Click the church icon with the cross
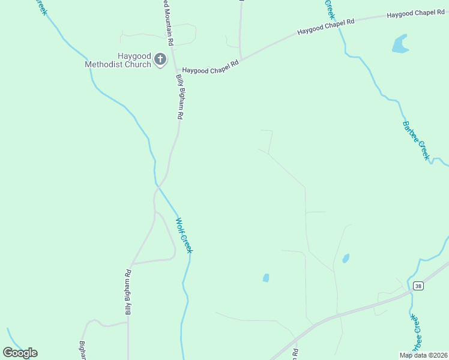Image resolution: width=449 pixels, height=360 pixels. [x=160, y=59]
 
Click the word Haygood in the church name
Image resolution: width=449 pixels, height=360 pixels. [x=133, y=56]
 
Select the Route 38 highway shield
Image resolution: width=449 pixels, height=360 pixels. [x=418, y=286]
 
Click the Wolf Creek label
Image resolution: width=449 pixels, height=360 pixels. [x=184, y=235]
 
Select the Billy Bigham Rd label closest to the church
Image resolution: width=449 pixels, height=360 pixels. [x=179, y=97]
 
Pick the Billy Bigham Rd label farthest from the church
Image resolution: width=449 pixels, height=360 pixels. [x=128, y=292]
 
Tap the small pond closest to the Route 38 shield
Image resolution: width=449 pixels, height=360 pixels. [x=346, y=259]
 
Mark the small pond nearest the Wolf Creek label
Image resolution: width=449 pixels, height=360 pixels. [x=265, y=278]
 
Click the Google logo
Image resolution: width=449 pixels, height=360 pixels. [x=20, y=353]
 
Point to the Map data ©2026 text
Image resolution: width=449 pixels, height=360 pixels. [x=423, y=355]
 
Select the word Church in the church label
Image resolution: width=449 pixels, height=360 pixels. [x=138, y=64]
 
